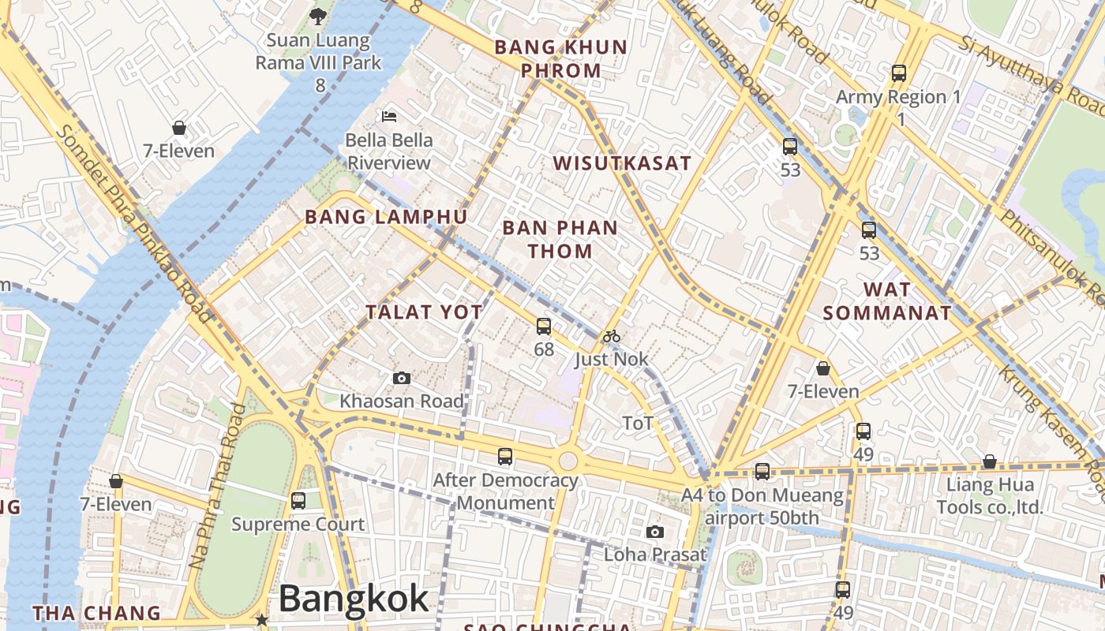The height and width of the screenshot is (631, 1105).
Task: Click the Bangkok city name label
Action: point(354,599)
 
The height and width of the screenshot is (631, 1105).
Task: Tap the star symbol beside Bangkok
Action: point(261,620)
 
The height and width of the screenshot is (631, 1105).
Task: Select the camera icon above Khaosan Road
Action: point(402,379)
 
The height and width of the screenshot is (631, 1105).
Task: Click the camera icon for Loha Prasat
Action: point(655,532)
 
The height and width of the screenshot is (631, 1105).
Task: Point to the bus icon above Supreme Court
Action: point(298,500)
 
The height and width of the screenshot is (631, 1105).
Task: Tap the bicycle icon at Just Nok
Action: point(612,337)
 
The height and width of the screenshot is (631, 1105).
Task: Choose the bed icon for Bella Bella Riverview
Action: point(389,116)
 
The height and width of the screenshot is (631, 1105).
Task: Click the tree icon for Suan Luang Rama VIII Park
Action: point(318,15)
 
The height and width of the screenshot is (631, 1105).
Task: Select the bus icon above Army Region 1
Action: point(899,73)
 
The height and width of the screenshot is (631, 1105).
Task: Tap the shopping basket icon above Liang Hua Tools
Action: point(989,461)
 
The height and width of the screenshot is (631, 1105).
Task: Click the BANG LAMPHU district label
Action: point(386,217)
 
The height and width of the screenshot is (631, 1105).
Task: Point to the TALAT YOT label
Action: point(424,312)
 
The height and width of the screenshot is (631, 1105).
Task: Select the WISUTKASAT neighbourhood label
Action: point(622,164)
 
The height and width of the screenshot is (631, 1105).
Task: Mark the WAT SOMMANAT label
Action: point(887,301)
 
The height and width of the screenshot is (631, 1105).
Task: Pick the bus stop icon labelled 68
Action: point(544,326)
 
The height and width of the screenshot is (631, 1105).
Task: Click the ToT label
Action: point(638,424)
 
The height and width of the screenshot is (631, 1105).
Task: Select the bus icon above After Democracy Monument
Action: point(505,456)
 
